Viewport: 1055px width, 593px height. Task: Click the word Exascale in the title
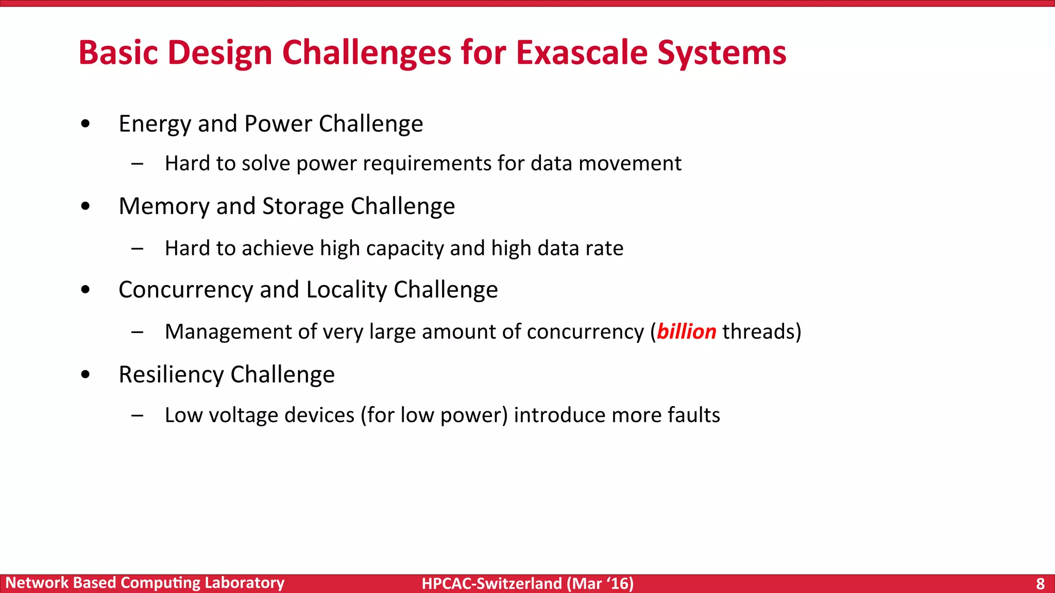pos(582,53)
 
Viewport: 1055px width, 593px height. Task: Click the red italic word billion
pos(686,332)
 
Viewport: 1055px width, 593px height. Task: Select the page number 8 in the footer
pos(1040,583)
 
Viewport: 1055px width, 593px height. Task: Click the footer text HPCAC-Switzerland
pos(491,583)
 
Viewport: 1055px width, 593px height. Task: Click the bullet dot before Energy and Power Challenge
pos(86,124)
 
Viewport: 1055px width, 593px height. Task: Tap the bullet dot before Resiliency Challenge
pos(86,374)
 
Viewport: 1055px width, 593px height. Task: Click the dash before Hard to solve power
pos(137,164)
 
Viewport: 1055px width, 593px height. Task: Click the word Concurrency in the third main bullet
pos(185,290)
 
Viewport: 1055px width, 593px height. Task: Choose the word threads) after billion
pos(761,332)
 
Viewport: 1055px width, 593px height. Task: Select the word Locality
pos(346,290)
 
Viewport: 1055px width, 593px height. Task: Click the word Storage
pos(303,206)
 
